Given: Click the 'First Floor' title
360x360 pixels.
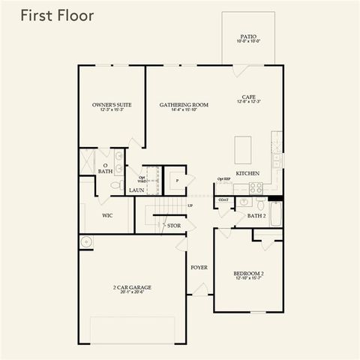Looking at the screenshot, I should [x=57, y=16].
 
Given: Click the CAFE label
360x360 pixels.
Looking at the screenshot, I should [x=249, y=98].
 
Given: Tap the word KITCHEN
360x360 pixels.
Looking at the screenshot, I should [x=247, y=173].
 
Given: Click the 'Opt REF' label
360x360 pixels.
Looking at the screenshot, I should [x=223, y=179].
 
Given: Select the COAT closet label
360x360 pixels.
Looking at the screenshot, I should [x=223, y=200].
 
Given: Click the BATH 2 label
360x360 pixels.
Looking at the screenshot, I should [x=257, y=215].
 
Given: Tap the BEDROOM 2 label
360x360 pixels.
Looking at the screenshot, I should [x=247, y=275].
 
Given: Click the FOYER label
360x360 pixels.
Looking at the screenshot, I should [x=199, y=267].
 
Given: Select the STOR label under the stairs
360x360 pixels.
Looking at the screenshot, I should [x=174, y=225].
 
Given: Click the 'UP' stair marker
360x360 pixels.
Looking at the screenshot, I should [x=190, y=205].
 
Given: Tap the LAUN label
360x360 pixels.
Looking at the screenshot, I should [x=136, y=190].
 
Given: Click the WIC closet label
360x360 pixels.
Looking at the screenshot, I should [x=108, y=215].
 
